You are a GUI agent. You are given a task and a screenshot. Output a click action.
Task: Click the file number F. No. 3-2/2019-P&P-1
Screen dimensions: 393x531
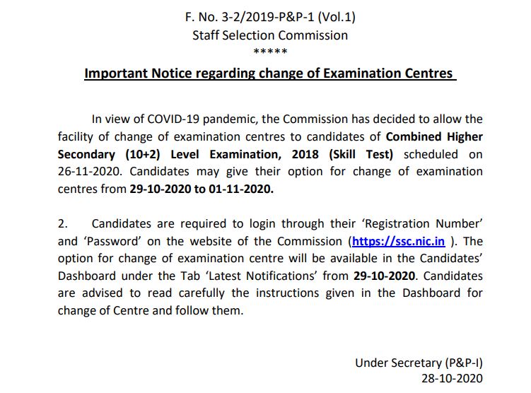[269, 16]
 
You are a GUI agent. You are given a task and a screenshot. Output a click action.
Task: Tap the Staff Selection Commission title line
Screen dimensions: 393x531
[269, 35]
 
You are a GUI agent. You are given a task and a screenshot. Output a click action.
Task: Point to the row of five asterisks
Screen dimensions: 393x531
[269, 52]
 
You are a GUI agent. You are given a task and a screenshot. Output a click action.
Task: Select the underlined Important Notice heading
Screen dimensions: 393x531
[269, 74]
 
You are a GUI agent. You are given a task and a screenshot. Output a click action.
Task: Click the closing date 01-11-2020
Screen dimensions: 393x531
[246, 189]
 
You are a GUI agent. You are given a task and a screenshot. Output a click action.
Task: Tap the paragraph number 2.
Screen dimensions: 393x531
[63, 224]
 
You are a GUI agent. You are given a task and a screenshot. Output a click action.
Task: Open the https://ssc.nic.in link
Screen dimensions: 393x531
[399, 241]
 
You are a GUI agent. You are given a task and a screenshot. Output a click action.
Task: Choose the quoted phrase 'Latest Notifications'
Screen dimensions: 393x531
[276, 276]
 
